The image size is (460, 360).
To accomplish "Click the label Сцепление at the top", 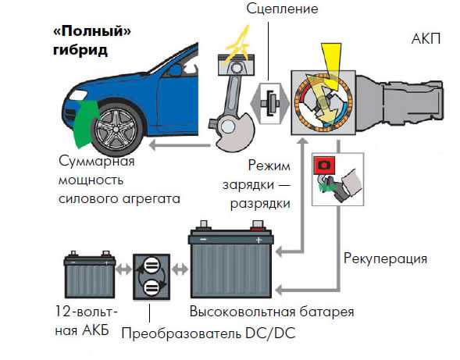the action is (282, 9).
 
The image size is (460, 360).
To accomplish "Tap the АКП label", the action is (426, 38).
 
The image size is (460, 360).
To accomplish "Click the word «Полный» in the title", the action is (92, 30).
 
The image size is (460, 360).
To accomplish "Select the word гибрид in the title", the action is (80, 49).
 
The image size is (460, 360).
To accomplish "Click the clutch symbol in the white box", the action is (270, 104).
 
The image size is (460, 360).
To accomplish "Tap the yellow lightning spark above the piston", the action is (237, 44).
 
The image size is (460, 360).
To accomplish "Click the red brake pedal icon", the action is (324, 166).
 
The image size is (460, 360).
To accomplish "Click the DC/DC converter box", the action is (152, 276).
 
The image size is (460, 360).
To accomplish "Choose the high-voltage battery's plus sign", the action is (259, 241).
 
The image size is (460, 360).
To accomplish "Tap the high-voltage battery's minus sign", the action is (203, 240).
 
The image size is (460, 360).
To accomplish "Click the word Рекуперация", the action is (385, 258).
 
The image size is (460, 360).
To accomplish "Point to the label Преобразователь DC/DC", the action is (209, 333).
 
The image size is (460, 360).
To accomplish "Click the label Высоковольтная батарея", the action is (272, 312).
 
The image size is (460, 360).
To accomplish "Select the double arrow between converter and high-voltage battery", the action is (180, 269).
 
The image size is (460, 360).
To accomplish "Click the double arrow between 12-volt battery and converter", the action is (123, 269).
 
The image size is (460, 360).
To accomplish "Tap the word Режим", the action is (269, 166).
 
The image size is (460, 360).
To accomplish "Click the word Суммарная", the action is (97, 162).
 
